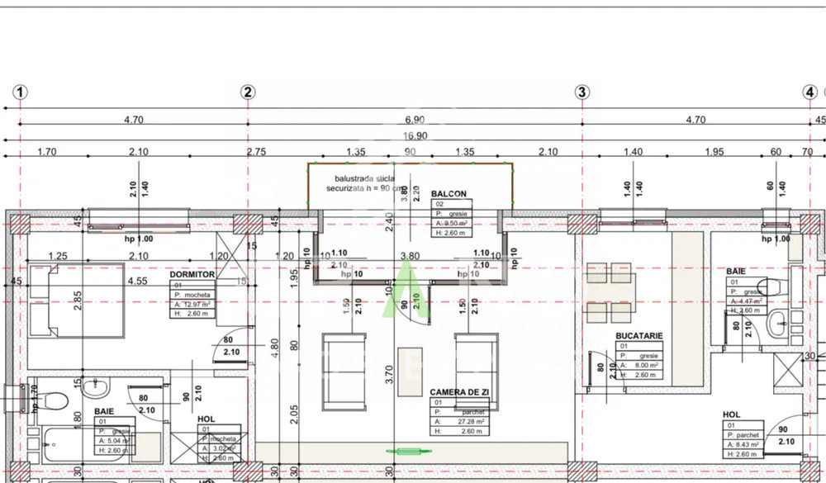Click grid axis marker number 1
click(x=21, y=92)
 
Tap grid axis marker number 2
click(x=248, y=92)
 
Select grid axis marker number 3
click(x=582, y=92)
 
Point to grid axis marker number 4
click(x=809, y=92)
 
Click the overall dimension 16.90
click(x=415, y=137)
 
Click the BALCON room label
click(x=449, y=194)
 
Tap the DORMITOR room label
click(x=192, y=274)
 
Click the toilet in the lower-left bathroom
click(x=55, y=403)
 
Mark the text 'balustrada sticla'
click(x=363, y=178)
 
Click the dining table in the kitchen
click(x=610, y=293)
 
